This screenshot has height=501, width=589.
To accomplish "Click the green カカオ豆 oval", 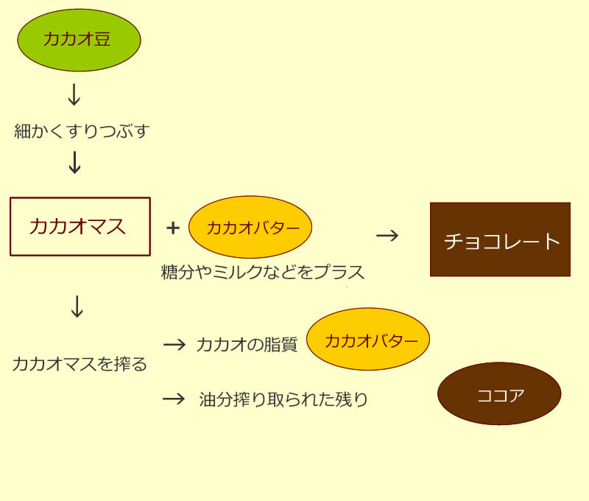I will [79, 40].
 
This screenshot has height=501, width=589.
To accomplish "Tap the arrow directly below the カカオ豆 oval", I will [74, 95].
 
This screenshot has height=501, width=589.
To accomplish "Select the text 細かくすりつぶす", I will [82, 132].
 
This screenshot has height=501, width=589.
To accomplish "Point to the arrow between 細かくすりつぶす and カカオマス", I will [74, 162].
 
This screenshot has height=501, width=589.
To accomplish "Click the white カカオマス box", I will [80, 226].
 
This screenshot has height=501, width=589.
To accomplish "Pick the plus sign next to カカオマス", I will [173, 228].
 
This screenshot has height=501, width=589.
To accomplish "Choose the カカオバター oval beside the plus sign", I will [250, 227].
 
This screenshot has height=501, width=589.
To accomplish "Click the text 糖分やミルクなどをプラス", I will [263, 272].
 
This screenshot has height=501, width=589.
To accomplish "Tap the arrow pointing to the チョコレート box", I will [387, 235].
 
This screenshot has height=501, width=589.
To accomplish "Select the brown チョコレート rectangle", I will [500, 239].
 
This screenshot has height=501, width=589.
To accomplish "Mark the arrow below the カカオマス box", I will [77, 307].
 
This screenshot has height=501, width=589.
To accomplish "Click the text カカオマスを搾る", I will [80, 363].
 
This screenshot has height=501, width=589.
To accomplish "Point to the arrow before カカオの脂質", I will [174, 344].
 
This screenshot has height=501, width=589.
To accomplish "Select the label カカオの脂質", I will [247, 345].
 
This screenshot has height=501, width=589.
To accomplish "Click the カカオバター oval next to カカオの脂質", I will [368, 339].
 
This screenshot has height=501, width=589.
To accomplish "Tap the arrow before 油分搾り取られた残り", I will [174, 399].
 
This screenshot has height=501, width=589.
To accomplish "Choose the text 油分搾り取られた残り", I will [283, 400].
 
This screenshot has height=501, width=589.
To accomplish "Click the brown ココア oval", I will [499, 393].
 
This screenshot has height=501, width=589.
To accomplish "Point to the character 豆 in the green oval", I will [103, 40].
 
